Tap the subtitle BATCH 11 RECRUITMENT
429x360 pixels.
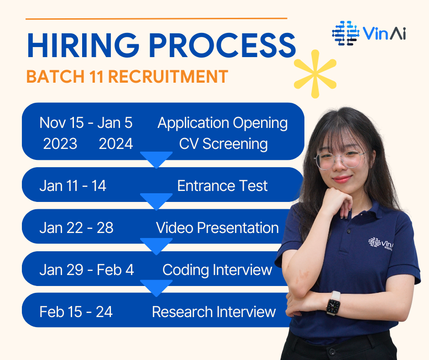(x=127, y=76)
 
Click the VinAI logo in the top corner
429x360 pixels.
(x=369, y=33)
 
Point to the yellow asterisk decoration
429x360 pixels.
(x=315, y=74)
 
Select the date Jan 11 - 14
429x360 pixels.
(x=73, y=186)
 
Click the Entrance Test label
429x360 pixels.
(x=222, y=186)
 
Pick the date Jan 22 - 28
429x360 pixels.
(x=76, y=228)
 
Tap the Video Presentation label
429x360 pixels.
(x=217, y=228)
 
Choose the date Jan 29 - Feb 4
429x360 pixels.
(x=87, y=270)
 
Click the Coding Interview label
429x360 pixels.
(x=217, y=270)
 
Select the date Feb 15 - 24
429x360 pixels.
(x=76, y=312)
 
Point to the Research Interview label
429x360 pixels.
(x=214, y=312)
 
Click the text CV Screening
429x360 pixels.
(x=223, y=144)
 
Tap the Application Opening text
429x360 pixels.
(x=222, y=123)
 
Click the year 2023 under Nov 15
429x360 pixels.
(x=60, y=144)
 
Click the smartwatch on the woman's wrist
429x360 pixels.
(x=333, y=303)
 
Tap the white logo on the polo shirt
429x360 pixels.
(x=381, y=243)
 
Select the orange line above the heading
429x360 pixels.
(x=156, y=19)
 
